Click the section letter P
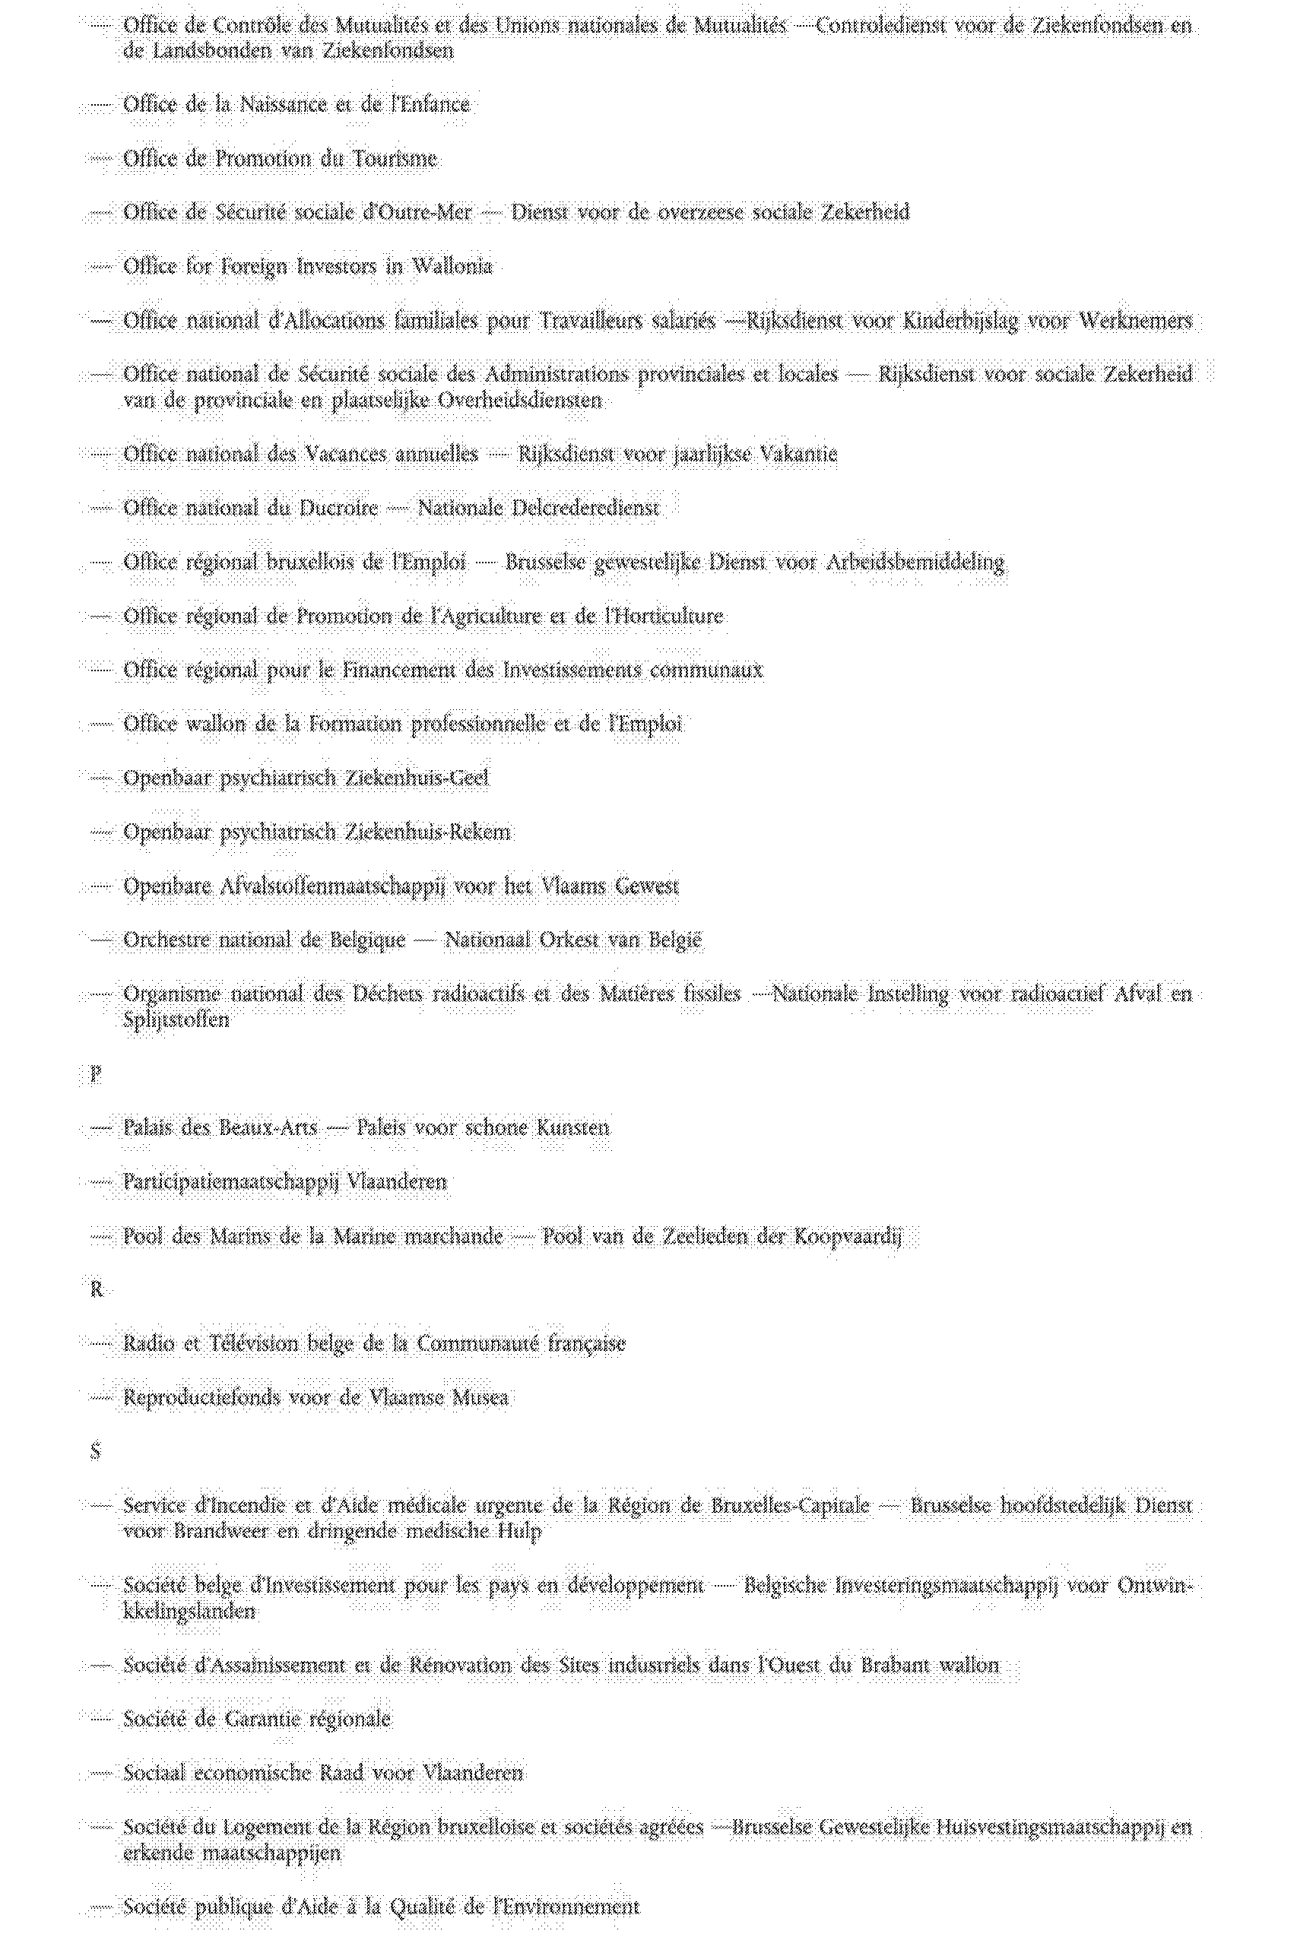pyautogui.click(x=96, y=1073)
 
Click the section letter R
pyautogui.click(x=96, y=1289)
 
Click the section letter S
pyautogui.click(x=96, y=1451)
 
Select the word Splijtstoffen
pyautogui.click(x=176, y=1019)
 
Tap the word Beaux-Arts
pyautogui.click(x=268, y=1127)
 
